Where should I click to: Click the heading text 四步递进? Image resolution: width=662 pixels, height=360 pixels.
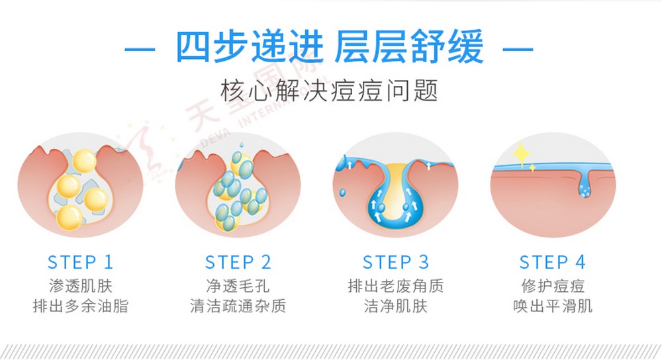click(250, 48)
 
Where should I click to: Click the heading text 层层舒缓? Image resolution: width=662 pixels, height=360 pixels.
click(408, 48)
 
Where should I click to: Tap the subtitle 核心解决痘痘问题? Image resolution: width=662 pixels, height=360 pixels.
click(329, 90)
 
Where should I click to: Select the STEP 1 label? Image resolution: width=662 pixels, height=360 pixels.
click(80, 262)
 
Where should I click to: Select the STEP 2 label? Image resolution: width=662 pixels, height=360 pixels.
click(238, 262)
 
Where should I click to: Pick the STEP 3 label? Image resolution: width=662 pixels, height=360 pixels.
click(396, 262)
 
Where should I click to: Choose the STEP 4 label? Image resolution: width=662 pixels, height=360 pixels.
click(552, 262)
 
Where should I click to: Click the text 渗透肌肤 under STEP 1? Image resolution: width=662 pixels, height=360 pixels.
click(81, 286)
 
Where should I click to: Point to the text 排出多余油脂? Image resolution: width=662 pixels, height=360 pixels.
click(81, 306)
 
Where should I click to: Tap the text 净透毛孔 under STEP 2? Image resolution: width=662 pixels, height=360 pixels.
click(238, 286)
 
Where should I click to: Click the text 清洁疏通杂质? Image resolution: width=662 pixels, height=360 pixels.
click(238, 306)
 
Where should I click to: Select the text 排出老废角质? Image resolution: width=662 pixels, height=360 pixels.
click(396, 286)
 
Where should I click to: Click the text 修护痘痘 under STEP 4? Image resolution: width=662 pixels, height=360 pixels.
click(553, 286)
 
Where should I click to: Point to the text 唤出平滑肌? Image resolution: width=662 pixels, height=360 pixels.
click(553, 306)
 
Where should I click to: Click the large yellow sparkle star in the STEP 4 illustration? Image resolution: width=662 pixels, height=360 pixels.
click(522, 154)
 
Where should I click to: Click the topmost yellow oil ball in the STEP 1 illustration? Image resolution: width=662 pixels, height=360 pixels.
click(85, 161)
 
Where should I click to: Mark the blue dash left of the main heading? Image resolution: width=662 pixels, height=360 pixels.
click(140, 50)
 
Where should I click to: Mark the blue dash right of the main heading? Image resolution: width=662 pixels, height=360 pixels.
click(518, 50)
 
